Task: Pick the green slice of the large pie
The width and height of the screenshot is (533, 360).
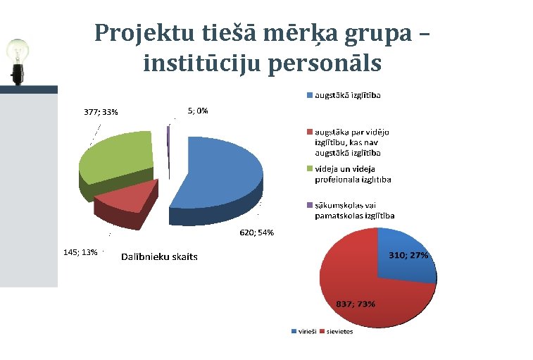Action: click(x=116, y=159)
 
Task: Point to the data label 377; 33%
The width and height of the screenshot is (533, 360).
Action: click(x=101, y=111)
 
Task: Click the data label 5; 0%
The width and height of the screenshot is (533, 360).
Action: click(x=198, y=111)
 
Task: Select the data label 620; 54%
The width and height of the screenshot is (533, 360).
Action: click(x=256, y=232)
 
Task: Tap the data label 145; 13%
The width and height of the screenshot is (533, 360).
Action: click(x=80, y=252)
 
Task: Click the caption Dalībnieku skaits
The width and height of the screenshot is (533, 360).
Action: click(x=159, y=256)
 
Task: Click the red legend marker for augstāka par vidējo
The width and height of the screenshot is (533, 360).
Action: click(x=308, y=132)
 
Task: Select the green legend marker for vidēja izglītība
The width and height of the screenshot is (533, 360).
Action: click(x=308, y=169)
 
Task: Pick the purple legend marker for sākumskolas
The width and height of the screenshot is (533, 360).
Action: click(x=308, y=206)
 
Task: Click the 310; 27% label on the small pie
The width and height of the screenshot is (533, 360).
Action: click(x=408, y=255)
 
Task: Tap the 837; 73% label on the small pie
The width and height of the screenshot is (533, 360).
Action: click(x=356, y=304)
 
